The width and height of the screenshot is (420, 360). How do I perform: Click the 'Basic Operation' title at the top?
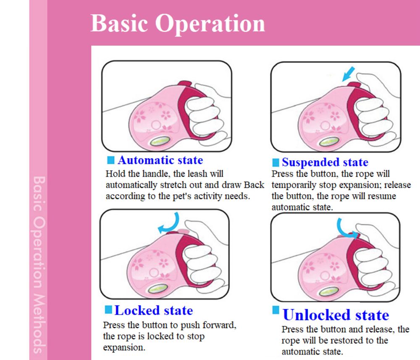[x=178, y=23]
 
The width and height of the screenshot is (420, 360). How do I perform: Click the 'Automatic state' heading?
[x=160, y=160]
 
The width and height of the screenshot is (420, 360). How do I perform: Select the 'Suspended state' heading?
[x=325, y=162]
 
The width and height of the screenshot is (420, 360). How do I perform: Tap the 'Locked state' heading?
[x=153, y=310]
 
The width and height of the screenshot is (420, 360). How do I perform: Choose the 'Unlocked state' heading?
[x=336, y=315]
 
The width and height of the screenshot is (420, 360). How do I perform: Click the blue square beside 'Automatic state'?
[x=110, y=160]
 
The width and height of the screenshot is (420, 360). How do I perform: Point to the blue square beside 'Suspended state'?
[x=276, y=162]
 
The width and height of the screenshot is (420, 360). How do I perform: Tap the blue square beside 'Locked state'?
[x=108, y=309]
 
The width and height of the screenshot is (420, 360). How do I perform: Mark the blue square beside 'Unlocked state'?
[x=276, y=310]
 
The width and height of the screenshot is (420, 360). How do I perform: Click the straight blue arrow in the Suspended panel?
[x=348, y=74]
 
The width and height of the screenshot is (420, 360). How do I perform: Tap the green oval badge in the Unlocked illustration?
[x=329, y=291]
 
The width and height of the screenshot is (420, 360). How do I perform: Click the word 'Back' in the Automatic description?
[x=254, y=185]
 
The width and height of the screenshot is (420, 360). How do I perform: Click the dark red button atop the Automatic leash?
[x=185, y=83]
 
